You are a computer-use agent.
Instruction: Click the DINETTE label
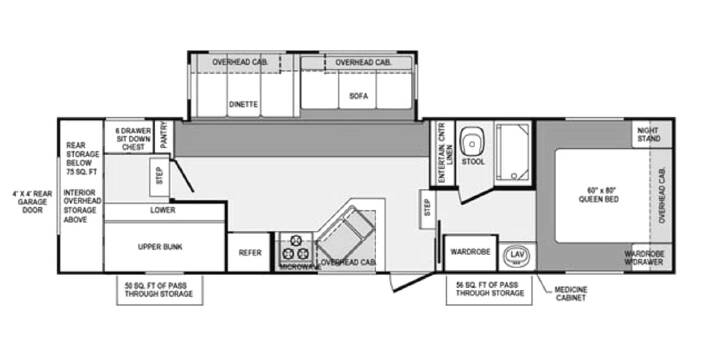(x=243, y=104)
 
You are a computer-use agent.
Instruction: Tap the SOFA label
(x=358, y=96)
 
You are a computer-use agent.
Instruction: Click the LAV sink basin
(x=517, y=255)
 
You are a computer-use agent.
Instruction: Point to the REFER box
(x=249, y=252)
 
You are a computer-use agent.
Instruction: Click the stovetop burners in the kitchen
(x=295, y=248)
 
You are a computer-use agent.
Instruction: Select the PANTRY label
(x=164, y=135)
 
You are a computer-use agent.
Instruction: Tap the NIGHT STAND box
(x=651, y=134)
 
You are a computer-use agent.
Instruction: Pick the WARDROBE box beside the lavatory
(x=471, y=253)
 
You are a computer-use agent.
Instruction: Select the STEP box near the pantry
(x=159, y=178)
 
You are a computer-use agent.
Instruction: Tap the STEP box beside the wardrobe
(x=428, y=209)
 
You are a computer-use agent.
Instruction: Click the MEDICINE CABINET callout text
(x=571, y=293)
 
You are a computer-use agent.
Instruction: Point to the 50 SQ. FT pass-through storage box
(x=159, y=290)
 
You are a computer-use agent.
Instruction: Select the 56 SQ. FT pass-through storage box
(x=489, y=289)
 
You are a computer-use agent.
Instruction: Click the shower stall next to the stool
(x=513, y=151)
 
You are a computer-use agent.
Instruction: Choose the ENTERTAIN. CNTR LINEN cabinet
(x=443, y=153)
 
